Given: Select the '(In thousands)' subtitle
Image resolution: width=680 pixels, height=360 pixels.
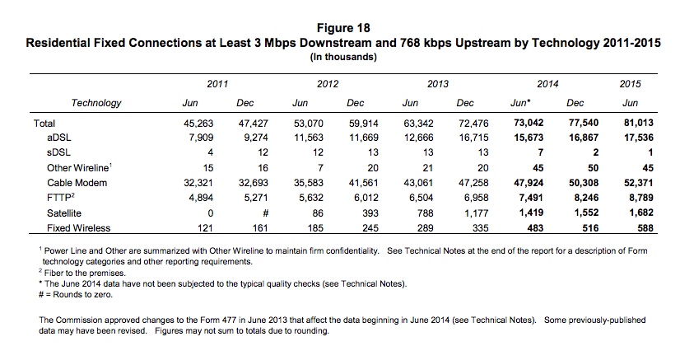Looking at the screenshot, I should coord(339,57).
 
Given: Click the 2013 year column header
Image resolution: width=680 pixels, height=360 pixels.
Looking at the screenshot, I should coord(438,83).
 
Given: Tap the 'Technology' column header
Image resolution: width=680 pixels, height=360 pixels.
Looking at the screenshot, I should coord(96,104).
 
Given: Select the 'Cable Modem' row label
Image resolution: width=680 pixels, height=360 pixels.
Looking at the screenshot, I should coord(77,182).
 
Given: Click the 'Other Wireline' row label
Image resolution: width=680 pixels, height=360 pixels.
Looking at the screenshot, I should coord(81,167).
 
